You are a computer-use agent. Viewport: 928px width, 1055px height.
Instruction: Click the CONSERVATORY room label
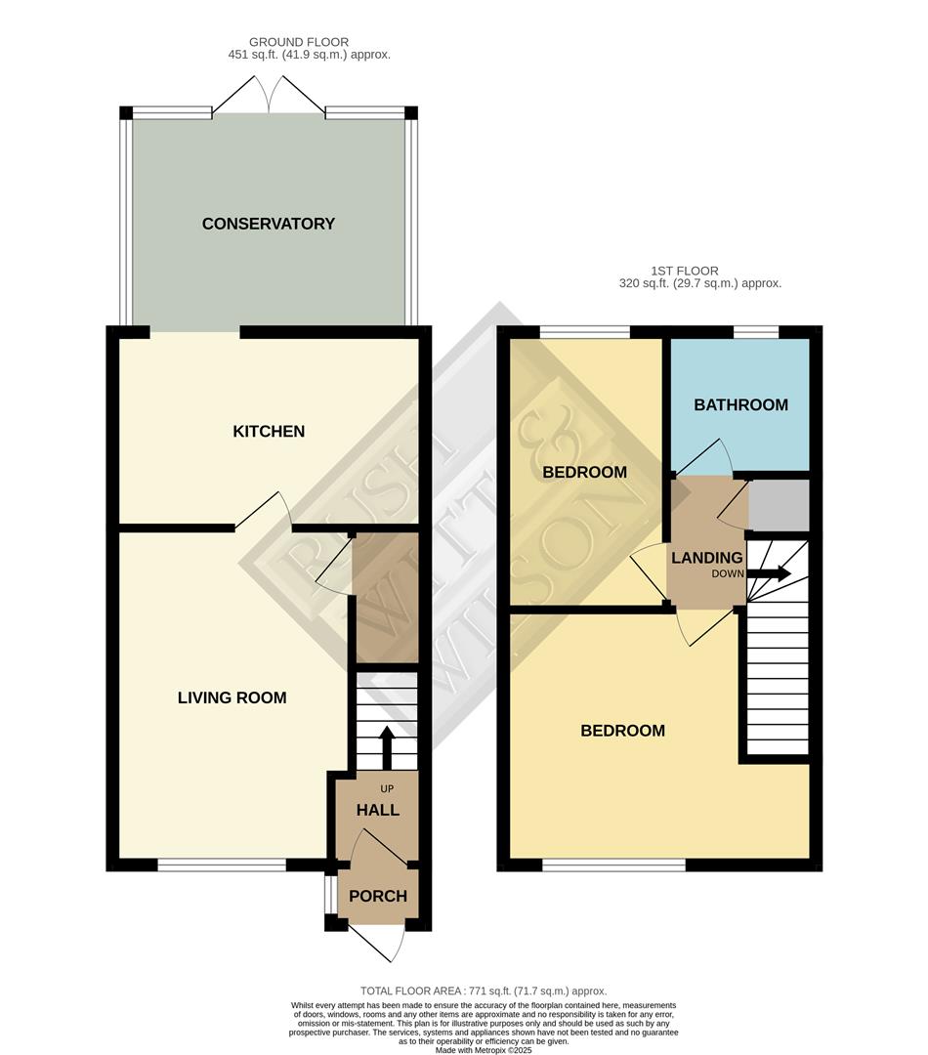coord(268,224)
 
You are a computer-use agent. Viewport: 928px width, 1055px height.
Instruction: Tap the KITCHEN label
coord(269,431)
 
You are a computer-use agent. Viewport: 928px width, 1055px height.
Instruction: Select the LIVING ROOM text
coord(232,697)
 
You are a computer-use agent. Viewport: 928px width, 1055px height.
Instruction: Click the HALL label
coord(377,810)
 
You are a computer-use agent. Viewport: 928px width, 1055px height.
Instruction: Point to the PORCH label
coord(377,896)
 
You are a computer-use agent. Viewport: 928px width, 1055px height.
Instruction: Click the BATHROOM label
coord(740,404)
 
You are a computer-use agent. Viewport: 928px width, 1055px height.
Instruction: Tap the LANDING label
coord(706,558)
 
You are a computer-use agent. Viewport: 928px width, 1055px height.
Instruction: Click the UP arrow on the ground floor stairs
coord(386,746)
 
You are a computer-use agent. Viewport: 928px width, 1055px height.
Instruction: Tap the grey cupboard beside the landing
coord(779,505)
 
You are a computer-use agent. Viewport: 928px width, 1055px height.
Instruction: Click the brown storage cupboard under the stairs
coord(386,598)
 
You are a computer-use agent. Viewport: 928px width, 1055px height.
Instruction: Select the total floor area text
coord(484,990)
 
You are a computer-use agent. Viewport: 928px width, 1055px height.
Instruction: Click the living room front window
coord(222,864)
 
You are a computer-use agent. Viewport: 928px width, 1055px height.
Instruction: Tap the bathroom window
coord(755,332)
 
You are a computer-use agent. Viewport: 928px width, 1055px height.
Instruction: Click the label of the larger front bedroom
coord(622,731)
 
